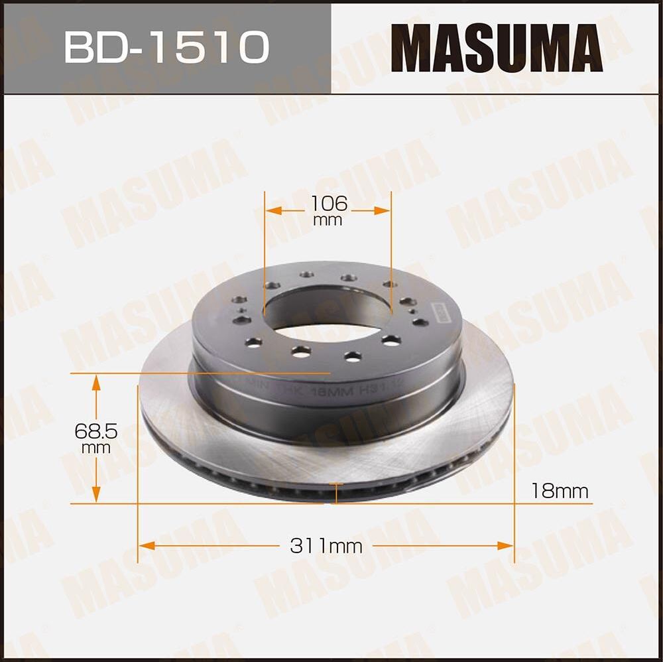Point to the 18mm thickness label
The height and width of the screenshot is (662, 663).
560,492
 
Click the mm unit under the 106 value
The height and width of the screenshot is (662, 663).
328,220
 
